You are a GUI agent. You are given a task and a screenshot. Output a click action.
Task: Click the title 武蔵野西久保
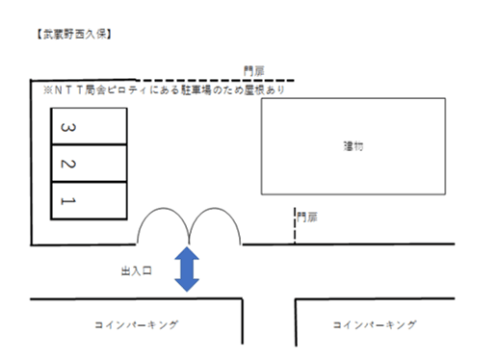point(73,35)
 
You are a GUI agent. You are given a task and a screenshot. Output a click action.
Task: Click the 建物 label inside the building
point(354,146)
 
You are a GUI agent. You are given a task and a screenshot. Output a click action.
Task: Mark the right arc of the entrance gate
point(214,224)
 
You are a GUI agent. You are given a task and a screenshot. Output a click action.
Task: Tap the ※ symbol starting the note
point(38,90)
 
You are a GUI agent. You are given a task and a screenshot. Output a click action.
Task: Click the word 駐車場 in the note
point(184,90)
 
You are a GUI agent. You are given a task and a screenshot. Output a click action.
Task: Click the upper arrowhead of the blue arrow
point(188,253)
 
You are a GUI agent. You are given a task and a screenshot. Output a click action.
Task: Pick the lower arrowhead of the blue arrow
point(188,285)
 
